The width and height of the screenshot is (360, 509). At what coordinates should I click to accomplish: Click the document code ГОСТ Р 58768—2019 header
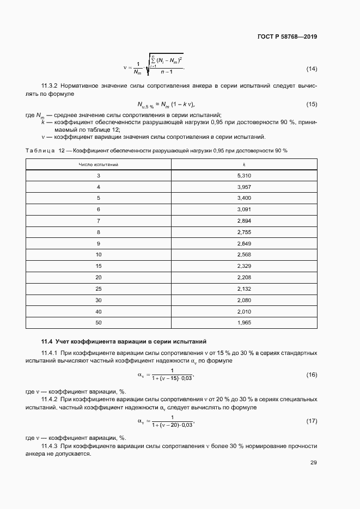[286, 37]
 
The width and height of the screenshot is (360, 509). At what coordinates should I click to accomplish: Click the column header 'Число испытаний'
[99, 164]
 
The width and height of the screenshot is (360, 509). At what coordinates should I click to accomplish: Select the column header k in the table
[244, 164]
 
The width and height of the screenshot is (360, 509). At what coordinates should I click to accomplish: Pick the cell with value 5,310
[244, 175]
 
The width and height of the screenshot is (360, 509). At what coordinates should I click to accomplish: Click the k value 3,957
[244, 187]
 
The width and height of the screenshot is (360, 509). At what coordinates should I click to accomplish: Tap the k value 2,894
[244, 220]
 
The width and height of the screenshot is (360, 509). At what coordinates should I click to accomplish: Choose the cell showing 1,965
[244, 323]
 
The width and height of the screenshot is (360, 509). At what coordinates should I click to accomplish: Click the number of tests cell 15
[99, 266]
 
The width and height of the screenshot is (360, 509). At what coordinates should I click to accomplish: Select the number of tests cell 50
[99, 323]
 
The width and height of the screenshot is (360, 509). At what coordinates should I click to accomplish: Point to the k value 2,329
[244, 266]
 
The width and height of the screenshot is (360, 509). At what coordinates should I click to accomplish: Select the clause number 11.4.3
[52, 446]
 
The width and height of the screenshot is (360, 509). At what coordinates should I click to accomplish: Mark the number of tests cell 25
[99, 289]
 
